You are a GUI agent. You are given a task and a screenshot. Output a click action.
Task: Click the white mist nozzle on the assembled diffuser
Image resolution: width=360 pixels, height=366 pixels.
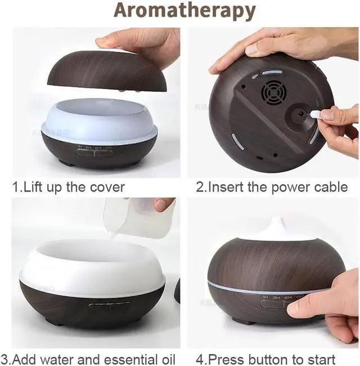pyautogui.click(x=277, y=227)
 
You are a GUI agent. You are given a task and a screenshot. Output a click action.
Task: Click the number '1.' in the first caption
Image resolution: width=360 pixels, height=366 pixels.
pyautogui.click(x=17, y=187)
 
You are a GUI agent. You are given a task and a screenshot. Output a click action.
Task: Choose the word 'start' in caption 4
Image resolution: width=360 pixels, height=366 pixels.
pyautogui.click(x=321, y=359)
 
